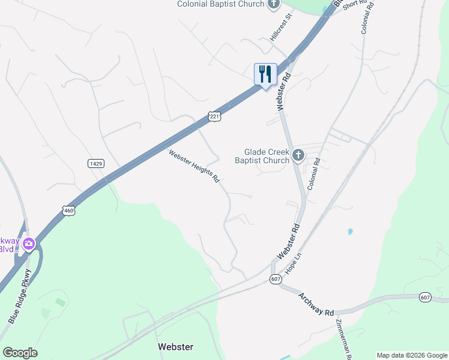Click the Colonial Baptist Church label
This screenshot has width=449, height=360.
tap(220, 4)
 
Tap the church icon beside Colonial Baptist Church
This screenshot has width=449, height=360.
tap(274, 4)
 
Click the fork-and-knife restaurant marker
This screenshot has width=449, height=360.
tap(265, 74)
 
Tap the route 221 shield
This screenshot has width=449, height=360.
tap(215, 116)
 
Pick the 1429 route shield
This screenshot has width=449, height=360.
tap(95, 163)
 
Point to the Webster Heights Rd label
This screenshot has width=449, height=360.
tap(194, 166)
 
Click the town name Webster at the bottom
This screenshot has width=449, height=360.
tap(175, 347)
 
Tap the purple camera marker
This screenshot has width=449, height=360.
tap(28, 244)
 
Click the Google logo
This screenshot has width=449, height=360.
tap(20, 353)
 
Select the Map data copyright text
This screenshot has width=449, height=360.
tap(412, 355)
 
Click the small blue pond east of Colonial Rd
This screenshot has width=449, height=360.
tap(350, 231)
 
